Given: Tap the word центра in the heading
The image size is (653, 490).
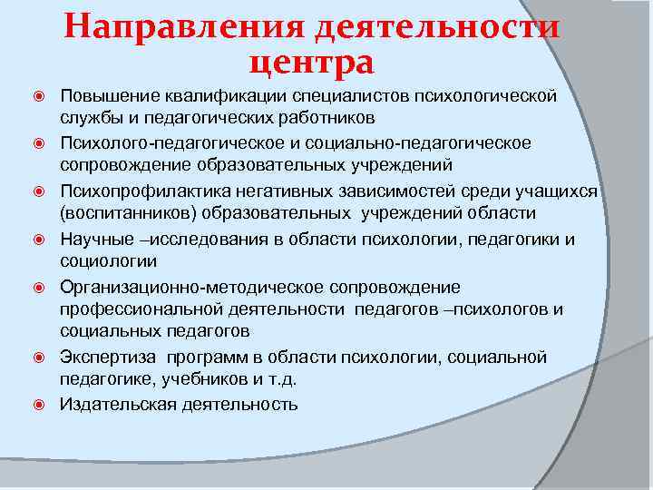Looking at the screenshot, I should tap(310, 64).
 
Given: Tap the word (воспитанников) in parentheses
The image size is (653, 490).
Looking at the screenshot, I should tap(121, 213).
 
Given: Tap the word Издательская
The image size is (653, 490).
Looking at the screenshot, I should tap(114, 405).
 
